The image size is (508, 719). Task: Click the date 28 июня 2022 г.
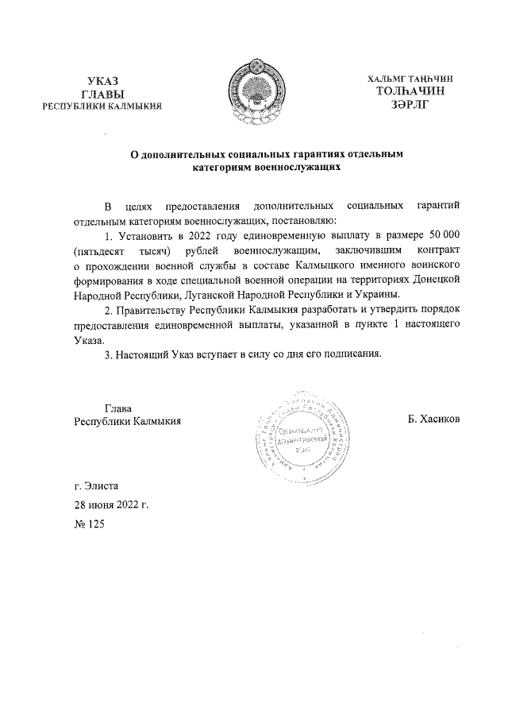click(110, 504)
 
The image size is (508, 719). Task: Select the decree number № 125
click(89, 525)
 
